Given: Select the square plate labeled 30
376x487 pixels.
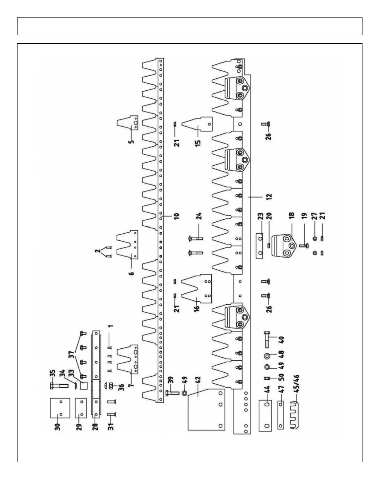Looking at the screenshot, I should point(60,408).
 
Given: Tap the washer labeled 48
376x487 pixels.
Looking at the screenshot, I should point(267,356).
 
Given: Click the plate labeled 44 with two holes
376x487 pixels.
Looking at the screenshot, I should point(267,415).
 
